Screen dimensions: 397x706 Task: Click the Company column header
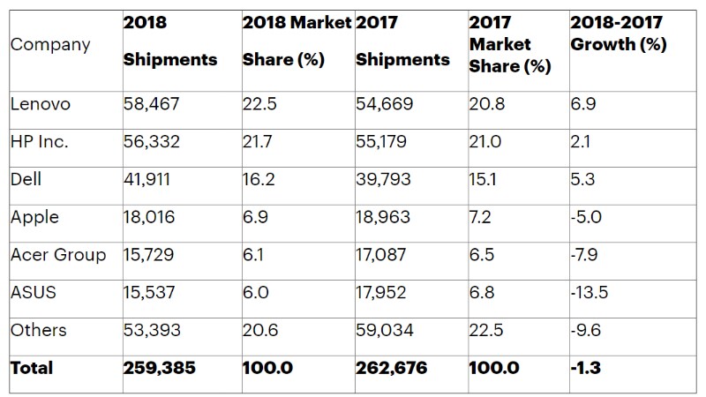point(49,44)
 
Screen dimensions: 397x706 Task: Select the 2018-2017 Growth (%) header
point(618,44)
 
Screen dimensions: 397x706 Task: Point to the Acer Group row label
point(58,255)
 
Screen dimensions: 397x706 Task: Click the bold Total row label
point(32,368)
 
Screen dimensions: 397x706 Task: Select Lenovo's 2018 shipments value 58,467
point(152,104)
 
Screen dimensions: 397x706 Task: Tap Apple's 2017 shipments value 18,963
point(385,217)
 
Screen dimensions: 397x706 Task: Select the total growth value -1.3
point(588,368)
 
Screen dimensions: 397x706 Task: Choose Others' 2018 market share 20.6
point(260,330)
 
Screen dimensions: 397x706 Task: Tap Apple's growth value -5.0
point(589,217)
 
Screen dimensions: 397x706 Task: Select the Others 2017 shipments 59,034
point(386,330)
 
